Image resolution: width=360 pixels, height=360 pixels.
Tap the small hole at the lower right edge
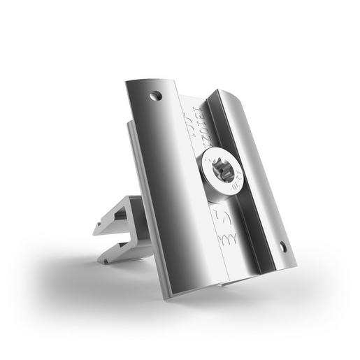pyautogui.click(x=283, y=246)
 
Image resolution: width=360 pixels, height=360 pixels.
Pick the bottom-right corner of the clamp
pyautogui.click(x=296, y=266)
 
